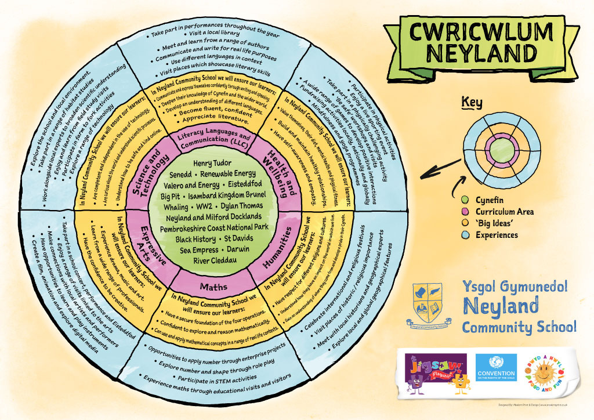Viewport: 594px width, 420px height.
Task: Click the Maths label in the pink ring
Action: click(x=209, y=286)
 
